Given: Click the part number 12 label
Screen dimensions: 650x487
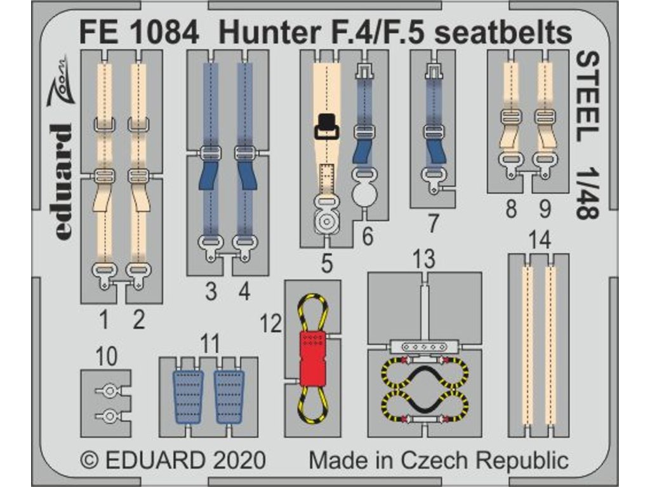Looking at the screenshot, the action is pyautogui.click(x=271, y=325).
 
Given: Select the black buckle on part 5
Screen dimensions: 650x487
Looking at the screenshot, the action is pyautogui.click(x=327, y=126).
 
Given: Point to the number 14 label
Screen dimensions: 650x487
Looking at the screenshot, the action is pyautogui.click(x=539, y=240).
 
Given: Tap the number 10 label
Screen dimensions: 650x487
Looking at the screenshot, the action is pyautogui.click(x=107, y=356).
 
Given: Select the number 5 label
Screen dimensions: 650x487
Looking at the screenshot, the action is pyautogui.click(x=326, y=263).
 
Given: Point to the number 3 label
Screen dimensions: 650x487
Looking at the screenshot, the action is pyautogui.click(x=211, y=292).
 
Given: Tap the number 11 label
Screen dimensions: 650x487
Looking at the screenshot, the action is pyautogui.click(x=209, y=344).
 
